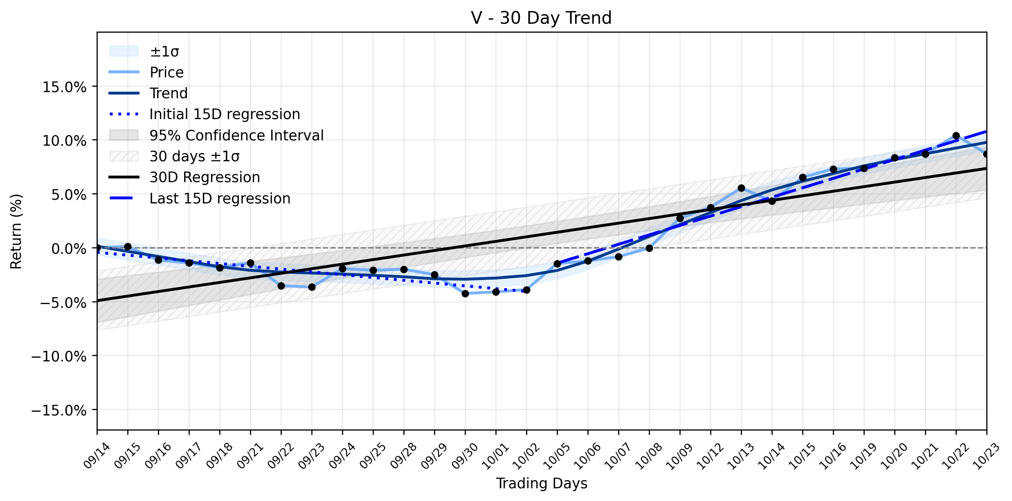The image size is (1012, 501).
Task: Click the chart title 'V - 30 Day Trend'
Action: [x=541, y=18]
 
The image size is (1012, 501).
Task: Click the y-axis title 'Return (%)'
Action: [x=16, y=231]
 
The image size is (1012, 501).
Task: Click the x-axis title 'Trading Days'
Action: [x=542, y=483]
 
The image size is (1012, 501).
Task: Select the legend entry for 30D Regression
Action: [x=184, y=177]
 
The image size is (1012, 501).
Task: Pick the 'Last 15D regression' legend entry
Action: [x=200, y=199]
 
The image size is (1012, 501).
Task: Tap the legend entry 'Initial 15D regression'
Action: [x=205, y=114]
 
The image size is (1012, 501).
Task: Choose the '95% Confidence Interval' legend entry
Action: [x=216, y=135]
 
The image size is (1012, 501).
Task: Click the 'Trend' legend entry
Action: [x=148, y=93]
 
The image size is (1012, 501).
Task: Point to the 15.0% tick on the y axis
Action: [x=65, y=87]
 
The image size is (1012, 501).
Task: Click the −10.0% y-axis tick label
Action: [x=59, y=356]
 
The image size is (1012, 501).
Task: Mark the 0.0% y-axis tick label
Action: [x=69, y=248]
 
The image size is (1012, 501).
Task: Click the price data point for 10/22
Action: [x=956, y=135]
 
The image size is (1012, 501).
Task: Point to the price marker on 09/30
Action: [x=465, y=293]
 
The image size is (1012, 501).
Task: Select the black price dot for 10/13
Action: [x=741, y=188]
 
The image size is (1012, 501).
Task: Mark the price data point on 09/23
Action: [x=312, y=287]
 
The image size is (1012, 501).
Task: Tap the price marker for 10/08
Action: [x=649, y=248]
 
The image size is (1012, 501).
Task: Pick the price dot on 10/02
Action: [x=526, y=290]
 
